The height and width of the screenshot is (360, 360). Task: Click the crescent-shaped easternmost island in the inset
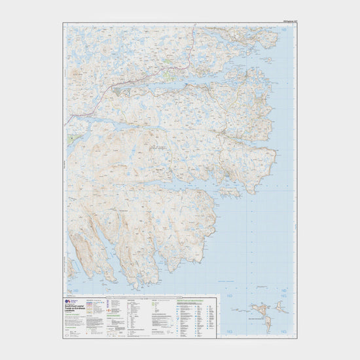coord(285,310)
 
